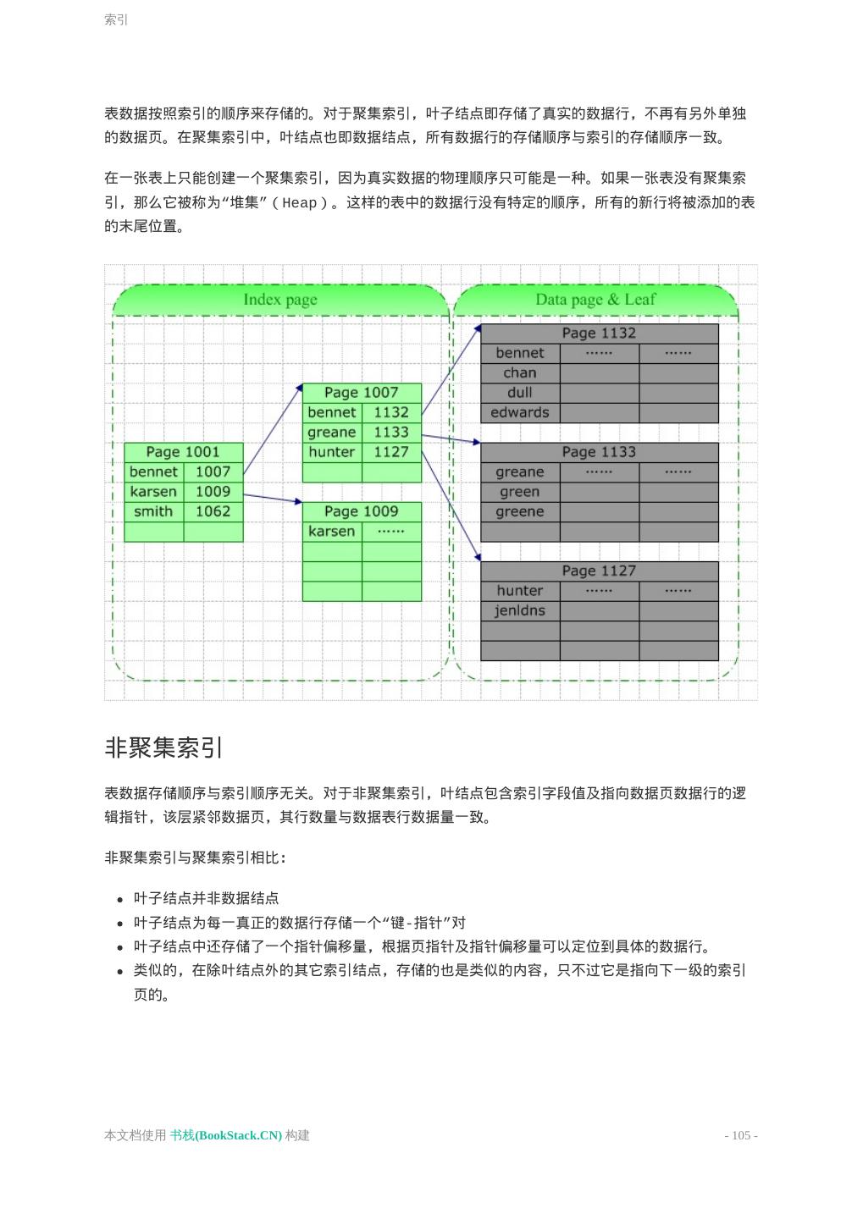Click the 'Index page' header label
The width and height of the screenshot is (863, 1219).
[280, 300]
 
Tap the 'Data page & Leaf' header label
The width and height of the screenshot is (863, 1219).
[595, 300]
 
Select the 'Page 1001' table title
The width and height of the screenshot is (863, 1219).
[183, 452]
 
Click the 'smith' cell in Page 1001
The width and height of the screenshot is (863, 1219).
[153, 511]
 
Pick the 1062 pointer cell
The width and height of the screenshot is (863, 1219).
[213, 511]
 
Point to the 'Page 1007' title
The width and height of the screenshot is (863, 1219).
[362, 393]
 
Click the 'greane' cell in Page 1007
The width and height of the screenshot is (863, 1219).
[332, 433]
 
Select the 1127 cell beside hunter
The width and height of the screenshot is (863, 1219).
[391, 452]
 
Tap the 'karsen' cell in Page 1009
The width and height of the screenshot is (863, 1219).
[332, 532]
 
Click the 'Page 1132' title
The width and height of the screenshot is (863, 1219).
[599, 334]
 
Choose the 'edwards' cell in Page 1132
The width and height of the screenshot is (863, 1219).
[520, 413]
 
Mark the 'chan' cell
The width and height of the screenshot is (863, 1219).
[520, 373]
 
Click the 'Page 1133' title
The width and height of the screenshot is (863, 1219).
[599, 452]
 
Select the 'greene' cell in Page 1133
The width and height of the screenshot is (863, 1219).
[520, 512]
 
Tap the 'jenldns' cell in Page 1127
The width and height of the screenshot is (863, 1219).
[520, 611]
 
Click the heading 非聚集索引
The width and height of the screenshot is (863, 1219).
[164, 747]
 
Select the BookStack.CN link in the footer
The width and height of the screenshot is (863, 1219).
[226, 1136]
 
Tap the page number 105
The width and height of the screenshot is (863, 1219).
[741, 1136]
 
